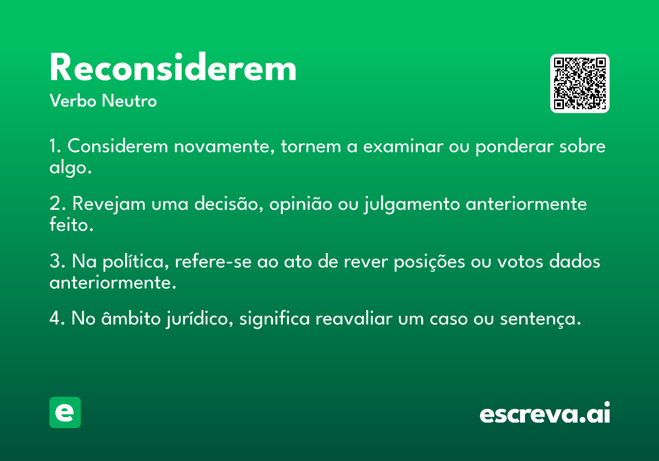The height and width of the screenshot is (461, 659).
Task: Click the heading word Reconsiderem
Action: (x=172, y=67)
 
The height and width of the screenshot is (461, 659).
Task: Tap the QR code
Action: (x=579, y=83)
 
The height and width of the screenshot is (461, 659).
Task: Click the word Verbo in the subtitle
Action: (x=73, y=100)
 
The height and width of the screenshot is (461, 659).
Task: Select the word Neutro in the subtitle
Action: (x=129, y=100)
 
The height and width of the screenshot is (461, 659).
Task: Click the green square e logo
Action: (x=65, y=412)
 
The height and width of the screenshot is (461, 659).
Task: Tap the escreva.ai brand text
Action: (x=545, y=412)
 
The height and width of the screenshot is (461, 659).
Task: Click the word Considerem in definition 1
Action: (x=118, y=146)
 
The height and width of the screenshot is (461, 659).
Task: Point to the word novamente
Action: (x=224, y=147)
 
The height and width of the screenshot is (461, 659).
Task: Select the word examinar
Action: (x=403, y=146)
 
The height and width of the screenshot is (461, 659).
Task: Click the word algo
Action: (x=70, y=168)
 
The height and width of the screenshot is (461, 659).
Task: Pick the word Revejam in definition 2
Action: (x=109, y=204)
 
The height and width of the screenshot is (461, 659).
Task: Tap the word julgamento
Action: (x=412, y=204)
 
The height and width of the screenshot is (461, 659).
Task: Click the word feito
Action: (x=71, y=224)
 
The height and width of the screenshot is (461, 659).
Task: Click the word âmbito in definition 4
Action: (x=131, y=318)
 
